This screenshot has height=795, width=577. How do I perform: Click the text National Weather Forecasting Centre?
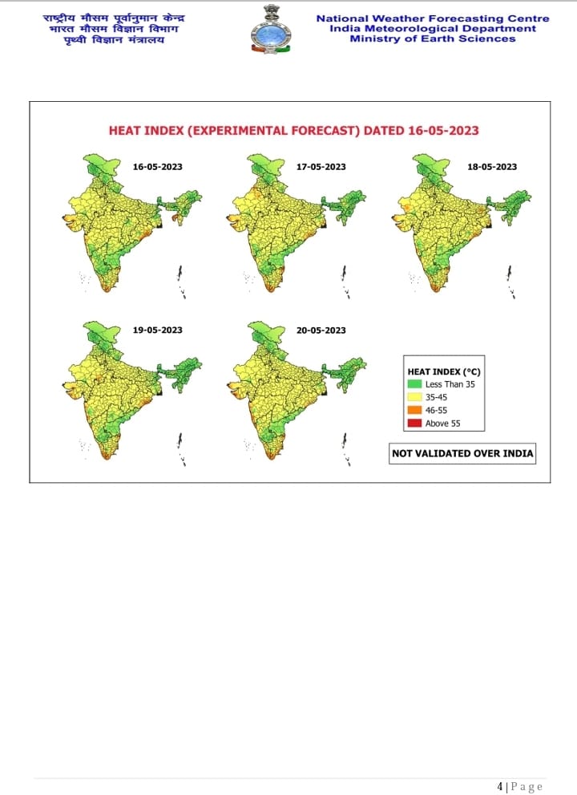[433, 18]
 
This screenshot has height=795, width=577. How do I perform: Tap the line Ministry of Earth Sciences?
[433, 39]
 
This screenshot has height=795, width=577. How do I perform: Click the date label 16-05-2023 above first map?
[157, 167]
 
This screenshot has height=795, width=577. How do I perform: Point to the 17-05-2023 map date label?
[321, 167]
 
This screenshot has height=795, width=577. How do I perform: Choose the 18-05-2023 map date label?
[492, 167]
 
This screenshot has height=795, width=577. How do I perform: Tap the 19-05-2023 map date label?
[157, 330]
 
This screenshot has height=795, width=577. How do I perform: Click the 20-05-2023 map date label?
[321, 330]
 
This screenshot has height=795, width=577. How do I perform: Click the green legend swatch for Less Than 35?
[415, 384]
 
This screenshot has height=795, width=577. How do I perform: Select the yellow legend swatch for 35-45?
[415, 397]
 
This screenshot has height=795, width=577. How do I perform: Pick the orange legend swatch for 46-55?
[415, 410]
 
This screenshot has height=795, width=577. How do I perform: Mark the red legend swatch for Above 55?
[415, 424]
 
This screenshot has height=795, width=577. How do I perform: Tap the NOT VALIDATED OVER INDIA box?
[462, 453]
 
